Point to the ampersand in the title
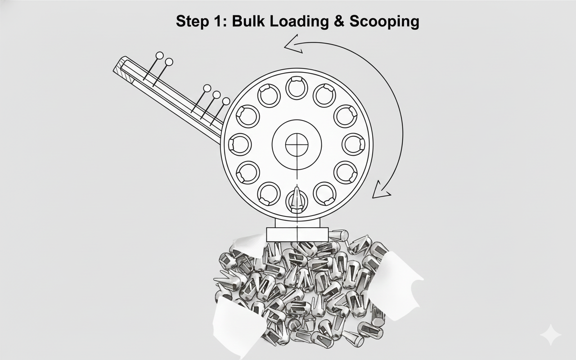point(339,21)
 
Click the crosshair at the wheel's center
point(297,144)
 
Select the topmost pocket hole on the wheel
point(297,88)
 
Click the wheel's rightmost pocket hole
point(354,144)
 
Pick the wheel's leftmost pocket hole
point(240,144)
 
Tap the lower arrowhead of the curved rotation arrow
point(381,190)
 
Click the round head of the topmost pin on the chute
point(160,55)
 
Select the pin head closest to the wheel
point(226,101)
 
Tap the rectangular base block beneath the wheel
point(297,234)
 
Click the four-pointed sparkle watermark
point(550,334)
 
